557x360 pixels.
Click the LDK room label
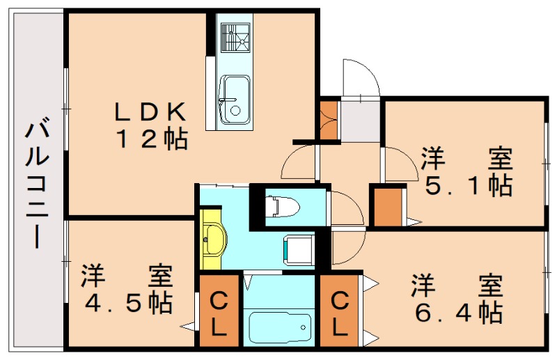(x=150, y=111)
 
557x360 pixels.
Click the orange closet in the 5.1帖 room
(x=389, y=207)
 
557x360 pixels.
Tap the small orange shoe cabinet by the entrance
(x=328, y=120)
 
